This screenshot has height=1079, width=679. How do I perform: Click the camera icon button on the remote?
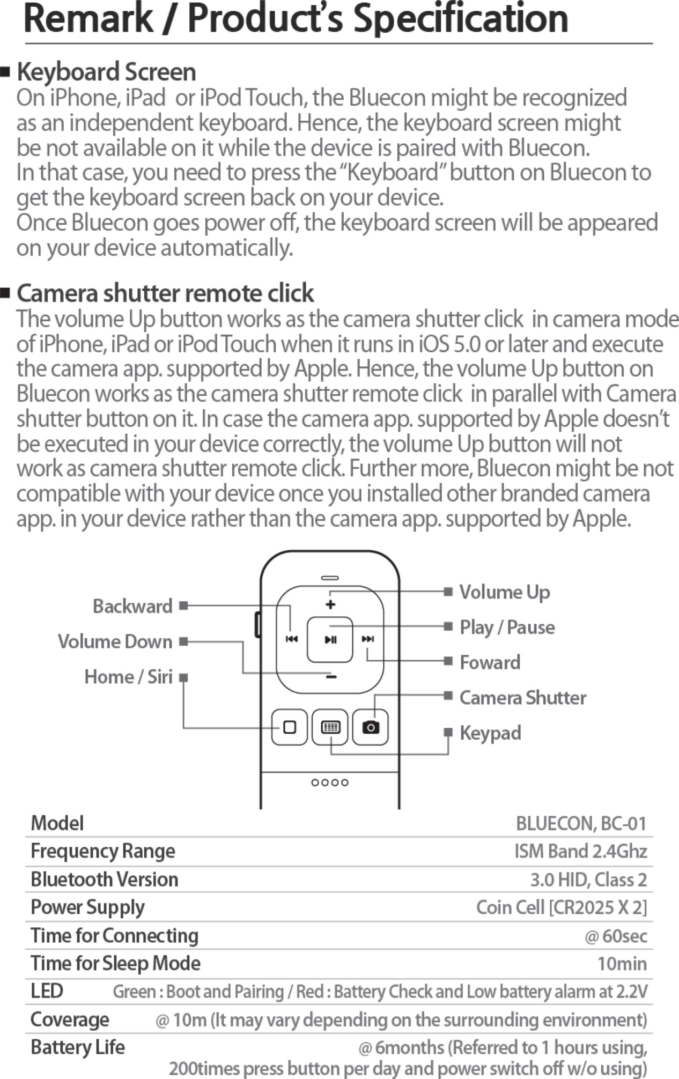tap(370, 727)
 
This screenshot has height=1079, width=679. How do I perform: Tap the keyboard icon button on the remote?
tap(330, 727)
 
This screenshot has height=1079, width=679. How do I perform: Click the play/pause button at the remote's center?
tap(330, 639)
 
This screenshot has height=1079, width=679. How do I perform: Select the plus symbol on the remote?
tap(330, 604)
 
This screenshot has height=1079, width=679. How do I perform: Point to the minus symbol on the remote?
tap(331, 677)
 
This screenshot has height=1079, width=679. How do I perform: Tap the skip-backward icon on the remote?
tap(291, 639)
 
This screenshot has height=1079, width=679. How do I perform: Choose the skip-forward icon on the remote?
tap(368, 639)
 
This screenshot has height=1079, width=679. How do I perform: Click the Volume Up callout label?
tap(504, 592)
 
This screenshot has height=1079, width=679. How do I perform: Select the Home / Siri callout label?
tap(128, 677)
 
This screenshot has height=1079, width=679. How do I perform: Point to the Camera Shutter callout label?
tap(522, 698)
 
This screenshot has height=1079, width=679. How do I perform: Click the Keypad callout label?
tap(490, 733)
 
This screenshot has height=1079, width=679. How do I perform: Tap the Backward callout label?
tap(132, 606)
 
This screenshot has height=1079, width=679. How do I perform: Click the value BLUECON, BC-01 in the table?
tap(581, 823)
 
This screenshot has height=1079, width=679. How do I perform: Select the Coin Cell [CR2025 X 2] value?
tap(561, 907)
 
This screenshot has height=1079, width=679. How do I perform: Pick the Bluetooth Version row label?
tap(104, 880)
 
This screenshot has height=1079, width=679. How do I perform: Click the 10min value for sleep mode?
tap(622, 964)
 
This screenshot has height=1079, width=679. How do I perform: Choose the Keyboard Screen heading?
tap(106, 72)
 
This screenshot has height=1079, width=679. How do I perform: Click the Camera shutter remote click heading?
tap(165, 293)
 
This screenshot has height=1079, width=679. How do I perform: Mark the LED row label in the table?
tap(47, 991)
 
